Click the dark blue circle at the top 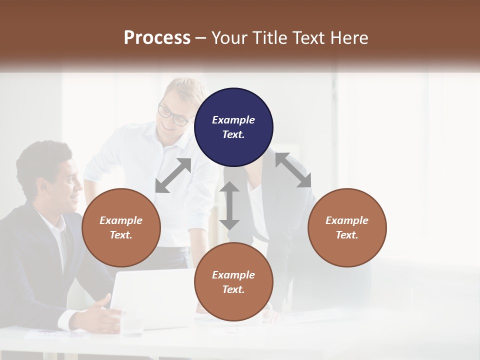tap(233, 127)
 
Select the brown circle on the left tap(121, 227)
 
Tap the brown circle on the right tap(346, 227)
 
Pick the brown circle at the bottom tap(233, 281)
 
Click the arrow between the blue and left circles tap(173, 175)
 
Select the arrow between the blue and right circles tap(293, 170)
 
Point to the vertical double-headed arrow tap(229, 205)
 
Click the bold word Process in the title tap(157, 37)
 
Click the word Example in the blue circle tap(233, 120)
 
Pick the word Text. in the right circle tap(346, 235)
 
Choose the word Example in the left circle tap(121, 220)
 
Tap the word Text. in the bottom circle tap(233, 289)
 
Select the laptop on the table tap(150, 297)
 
